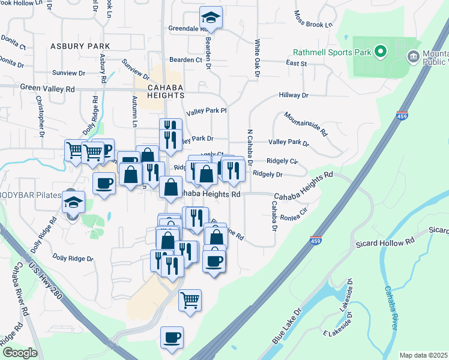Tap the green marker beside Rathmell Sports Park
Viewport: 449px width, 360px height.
[380, 52]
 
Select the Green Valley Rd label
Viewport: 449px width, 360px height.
[47, 88]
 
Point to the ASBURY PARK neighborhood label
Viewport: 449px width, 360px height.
[80, 46]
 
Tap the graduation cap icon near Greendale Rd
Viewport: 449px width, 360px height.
[211, 17]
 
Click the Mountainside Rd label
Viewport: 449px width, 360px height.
[306, 123]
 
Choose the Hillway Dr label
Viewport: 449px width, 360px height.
[293, 95]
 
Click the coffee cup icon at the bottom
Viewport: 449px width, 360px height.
[172, 337]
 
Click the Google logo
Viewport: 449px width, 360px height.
[20, 353]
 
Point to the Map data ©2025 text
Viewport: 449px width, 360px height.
[423, 355]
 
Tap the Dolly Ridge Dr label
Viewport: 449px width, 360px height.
[73, 259]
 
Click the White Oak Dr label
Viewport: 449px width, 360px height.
[256, 59]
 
